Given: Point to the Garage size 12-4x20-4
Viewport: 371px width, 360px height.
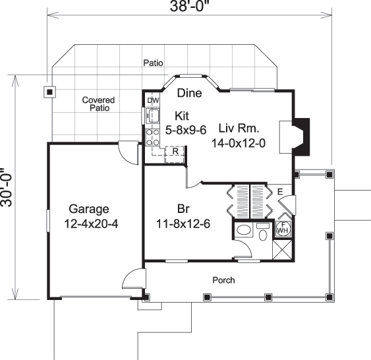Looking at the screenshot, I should point(92,223).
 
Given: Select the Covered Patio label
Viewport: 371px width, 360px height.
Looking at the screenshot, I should point(98,104).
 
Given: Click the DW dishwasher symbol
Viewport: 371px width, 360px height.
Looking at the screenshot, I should point(153,100).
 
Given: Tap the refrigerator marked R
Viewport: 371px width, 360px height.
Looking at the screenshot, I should point(175,151).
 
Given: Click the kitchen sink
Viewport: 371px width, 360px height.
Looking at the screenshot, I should point(153,117).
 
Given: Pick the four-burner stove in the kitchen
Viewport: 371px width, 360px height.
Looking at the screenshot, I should point(153,136).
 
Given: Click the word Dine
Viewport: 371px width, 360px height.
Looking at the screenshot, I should point(189,94).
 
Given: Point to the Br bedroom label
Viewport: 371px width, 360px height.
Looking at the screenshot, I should point(184,210).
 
